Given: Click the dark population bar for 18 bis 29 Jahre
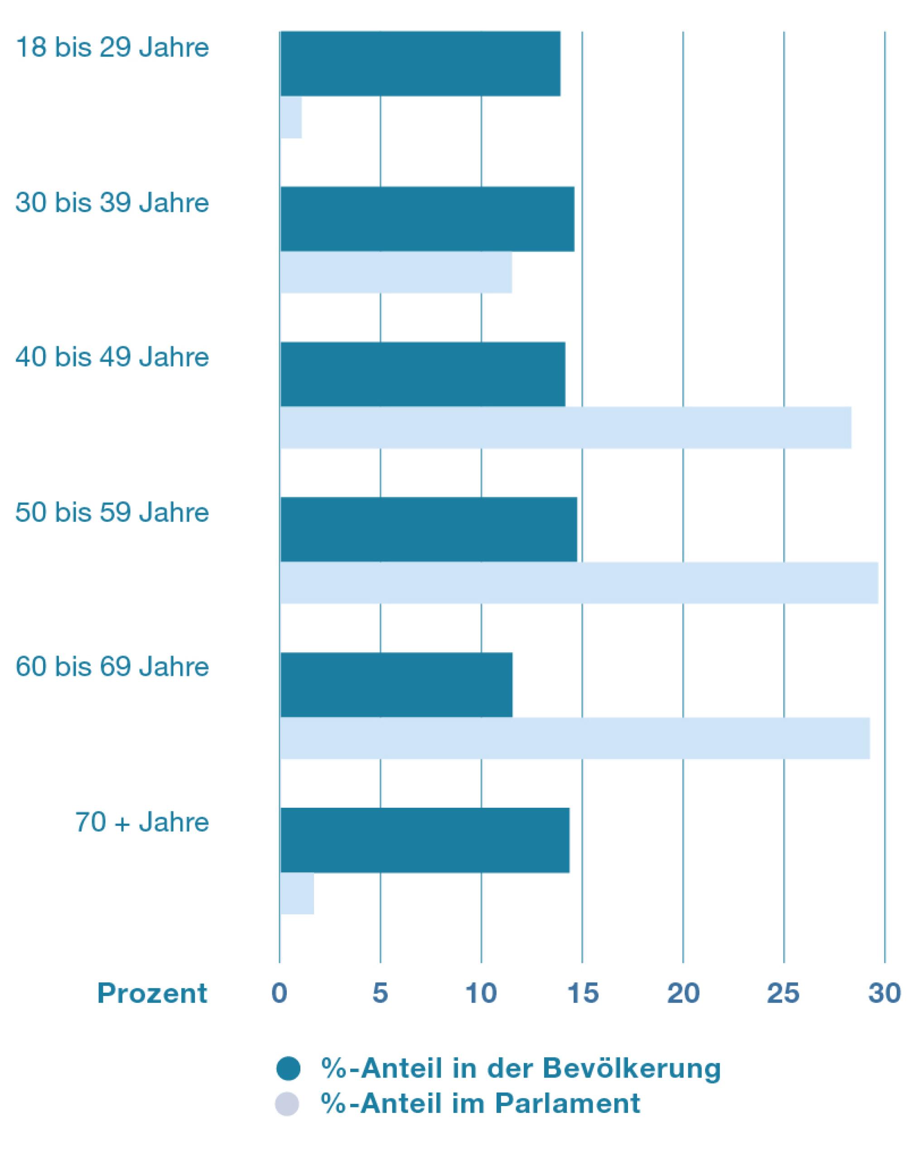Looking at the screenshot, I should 420,64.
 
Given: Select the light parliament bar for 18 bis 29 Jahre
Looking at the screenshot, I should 291,117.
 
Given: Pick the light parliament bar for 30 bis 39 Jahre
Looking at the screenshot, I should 396,272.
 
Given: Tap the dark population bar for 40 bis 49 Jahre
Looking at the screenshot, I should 423,374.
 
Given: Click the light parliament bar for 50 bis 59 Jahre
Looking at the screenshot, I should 579,583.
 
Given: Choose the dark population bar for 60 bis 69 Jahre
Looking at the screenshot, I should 396,685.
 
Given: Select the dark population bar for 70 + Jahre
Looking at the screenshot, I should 425,840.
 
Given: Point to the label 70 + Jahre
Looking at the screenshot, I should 142,822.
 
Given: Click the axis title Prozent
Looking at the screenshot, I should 152,993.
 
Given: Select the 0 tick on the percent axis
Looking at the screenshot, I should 280,993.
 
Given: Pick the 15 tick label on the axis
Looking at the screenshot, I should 583,993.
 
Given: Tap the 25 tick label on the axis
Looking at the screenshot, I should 783,993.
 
